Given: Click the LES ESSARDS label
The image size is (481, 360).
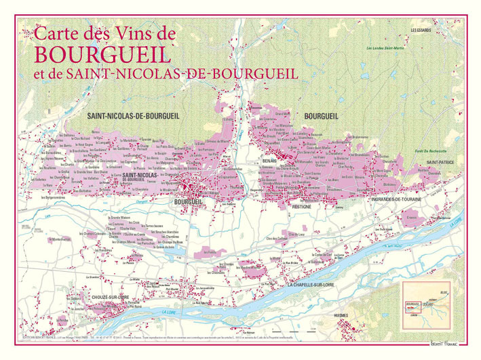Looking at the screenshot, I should click(423, 30).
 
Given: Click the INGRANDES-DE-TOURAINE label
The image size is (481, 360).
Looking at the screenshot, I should click(397, 199).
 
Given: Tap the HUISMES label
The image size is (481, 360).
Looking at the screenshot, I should click(345, 315).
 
